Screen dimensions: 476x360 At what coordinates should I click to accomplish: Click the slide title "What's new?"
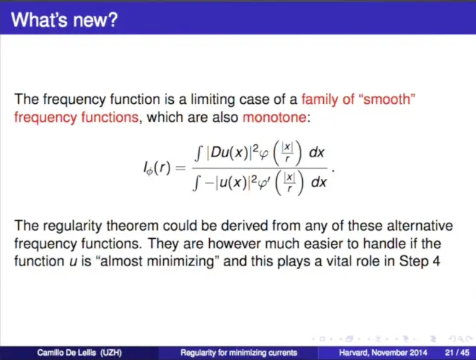[64, 20]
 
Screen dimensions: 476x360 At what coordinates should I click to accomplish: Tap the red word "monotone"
[275, 117]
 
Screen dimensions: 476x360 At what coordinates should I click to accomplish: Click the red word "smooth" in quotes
[387, 100]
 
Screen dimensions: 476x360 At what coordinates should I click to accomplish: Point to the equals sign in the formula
[180, 167]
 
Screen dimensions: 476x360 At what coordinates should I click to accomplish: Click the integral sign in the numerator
[198, 152]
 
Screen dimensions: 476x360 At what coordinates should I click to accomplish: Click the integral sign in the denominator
[197, 182]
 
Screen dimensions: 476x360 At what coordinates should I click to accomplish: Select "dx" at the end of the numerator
[317, 152]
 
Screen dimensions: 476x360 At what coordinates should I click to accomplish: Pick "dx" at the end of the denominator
[319, 182]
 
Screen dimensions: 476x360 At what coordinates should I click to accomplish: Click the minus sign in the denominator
[209, 183]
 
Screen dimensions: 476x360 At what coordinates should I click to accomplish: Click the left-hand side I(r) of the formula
[157, 168]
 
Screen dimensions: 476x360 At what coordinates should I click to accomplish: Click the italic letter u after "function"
[73, 262]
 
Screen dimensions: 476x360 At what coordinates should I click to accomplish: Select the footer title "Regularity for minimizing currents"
[239, 352]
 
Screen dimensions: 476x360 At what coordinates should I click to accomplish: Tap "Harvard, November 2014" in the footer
[383, 352]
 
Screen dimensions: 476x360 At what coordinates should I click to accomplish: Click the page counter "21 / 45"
[457, 352]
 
